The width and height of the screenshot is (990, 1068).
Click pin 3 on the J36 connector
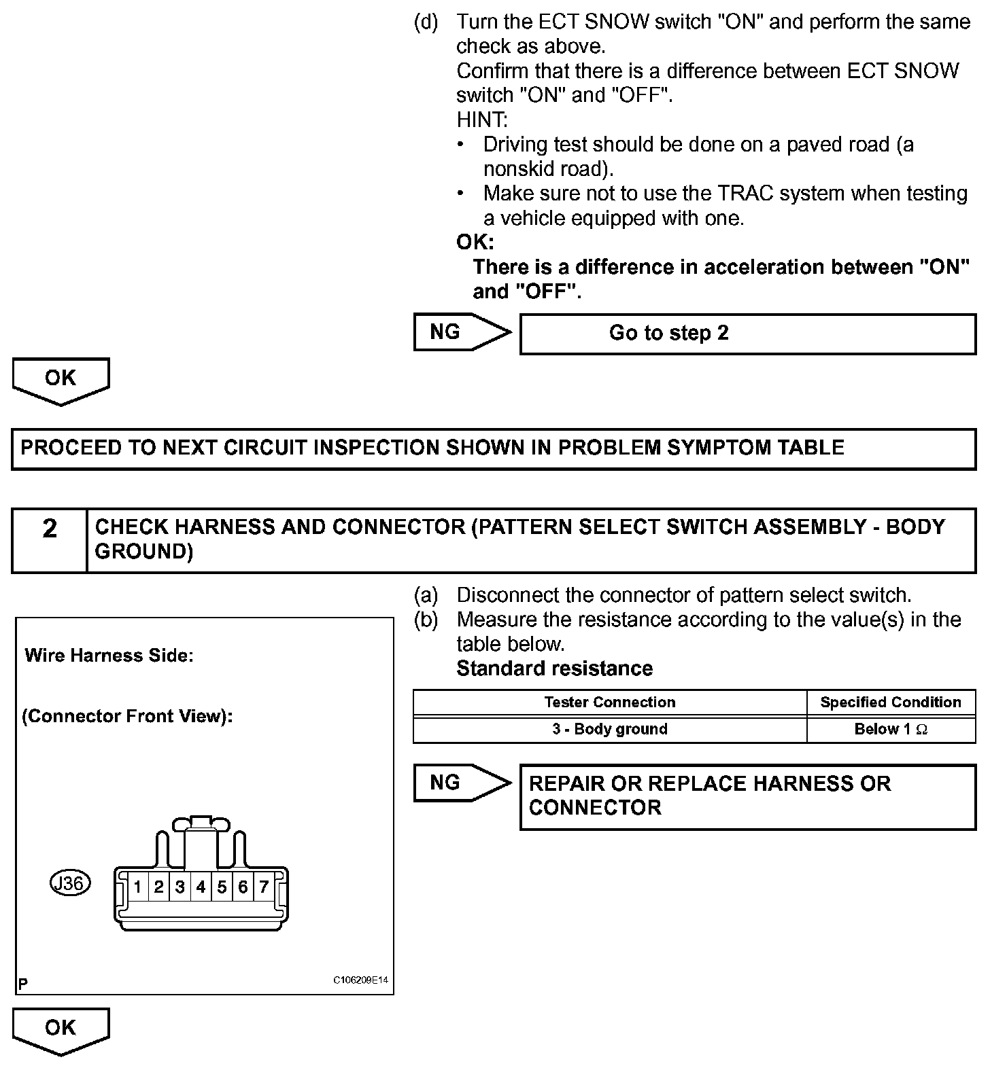pyautogui.click(x=180, y=887)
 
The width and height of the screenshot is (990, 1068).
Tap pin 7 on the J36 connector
pyautogui.click(x=264, y=887)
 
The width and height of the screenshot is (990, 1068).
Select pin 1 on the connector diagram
pyautogui.click(x=137, y=887)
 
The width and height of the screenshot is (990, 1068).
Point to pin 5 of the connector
pyautogui.click(x=222, y=887)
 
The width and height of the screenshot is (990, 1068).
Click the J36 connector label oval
pyautogui.click(x=71, y=884)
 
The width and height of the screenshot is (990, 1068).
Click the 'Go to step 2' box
pyautogui.click(x=747, y=334)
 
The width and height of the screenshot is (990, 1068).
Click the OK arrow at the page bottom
pyautogui.click(x=61, y=1030)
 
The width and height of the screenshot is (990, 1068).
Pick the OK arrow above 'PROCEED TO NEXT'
pyautogui.click(x=61, y=380)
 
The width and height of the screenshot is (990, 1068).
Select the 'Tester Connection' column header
pyautogui.click(x=610, y=702)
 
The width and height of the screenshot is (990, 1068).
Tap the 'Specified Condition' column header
pyautogui.click(x=891, y=702)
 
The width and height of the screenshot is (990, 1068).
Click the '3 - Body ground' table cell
pyautogui.click(x=610, y=729)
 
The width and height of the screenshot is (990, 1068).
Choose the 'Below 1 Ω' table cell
pyautogui.click(x=891, y=729)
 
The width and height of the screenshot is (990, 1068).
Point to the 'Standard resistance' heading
pyautogui.click(x=554, y=669)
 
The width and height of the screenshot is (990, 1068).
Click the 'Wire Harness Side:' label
pyautogui.click(x=109, y=656)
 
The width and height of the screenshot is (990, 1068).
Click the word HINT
pyautogui.click(x=481, y=120)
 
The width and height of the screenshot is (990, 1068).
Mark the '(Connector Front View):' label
pyautogui.click(x=127, y=717)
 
